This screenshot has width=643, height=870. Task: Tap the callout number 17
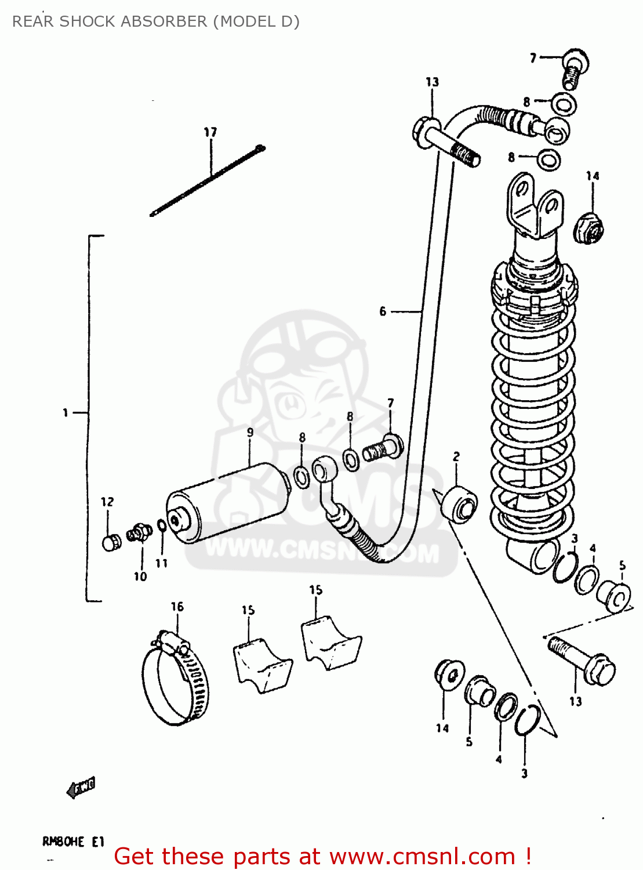(210, 132)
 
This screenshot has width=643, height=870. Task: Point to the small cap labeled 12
(111, 543)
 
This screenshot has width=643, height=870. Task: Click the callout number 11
(161, 563)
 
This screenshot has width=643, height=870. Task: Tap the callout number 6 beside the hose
(383, 311)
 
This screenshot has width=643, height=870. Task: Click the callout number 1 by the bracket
(66, 412)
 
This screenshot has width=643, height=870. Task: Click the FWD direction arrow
(81, 788)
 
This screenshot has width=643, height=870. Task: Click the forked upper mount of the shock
(533, 206)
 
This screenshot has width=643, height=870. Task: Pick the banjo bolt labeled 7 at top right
(574, 67)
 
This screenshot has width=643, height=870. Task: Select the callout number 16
(177, 607)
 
